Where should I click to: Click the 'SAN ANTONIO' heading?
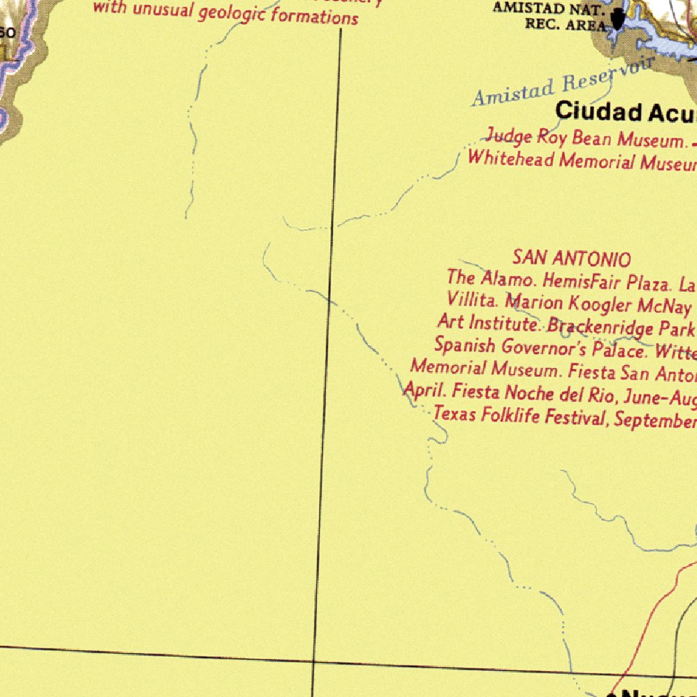[x=572, y=259]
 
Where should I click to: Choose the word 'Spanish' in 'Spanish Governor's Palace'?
[x=464, y=345]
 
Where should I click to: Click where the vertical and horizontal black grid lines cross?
[x=314, y=660]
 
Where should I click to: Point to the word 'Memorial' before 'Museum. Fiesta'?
[x=449, y=368]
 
